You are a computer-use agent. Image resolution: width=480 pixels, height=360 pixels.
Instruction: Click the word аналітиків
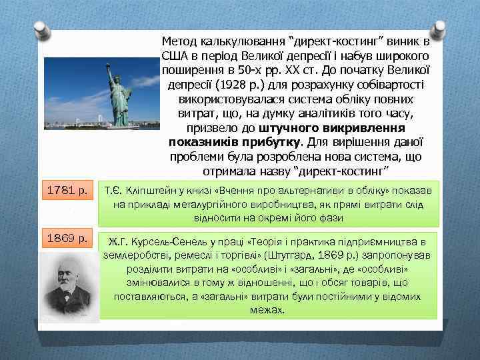(329, 113)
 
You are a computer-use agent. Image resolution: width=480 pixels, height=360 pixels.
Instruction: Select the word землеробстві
(133, 255)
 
